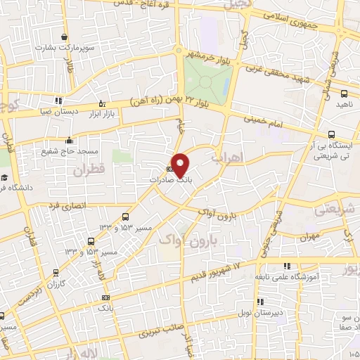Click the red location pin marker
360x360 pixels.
pos(181,165)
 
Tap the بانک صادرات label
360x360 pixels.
pos(170,180)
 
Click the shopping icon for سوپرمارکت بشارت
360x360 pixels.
pos(65,37)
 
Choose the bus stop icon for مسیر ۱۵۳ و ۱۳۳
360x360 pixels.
pos(125,217)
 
